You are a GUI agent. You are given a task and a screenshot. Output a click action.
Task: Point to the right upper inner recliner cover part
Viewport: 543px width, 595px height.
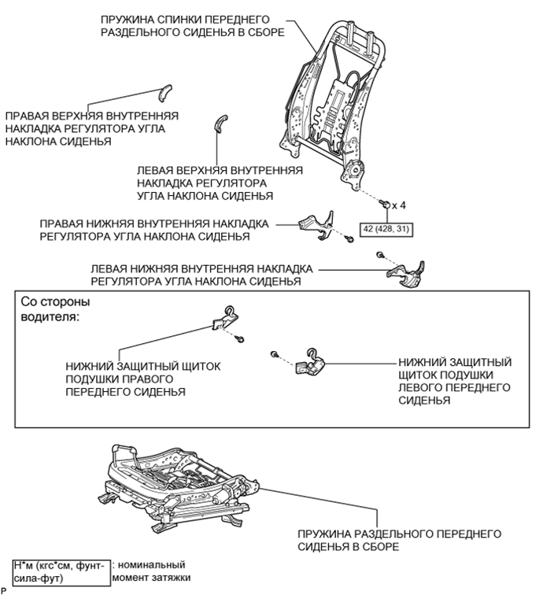point(164,92)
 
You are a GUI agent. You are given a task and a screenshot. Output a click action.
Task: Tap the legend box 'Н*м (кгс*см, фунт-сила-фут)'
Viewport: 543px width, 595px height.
point(61,571)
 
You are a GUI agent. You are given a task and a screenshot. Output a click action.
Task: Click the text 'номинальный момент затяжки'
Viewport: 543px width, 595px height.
point(153,571)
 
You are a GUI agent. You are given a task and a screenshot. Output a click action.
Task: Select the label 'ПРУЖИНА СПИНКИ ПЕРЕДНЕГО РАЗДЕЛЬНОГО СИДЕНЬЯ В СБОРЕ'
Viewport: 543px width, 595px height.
point(193,26)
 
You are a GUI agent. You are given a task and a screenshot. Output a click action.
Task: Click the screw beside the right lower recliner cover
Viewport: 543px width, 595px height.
point(345,235)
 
